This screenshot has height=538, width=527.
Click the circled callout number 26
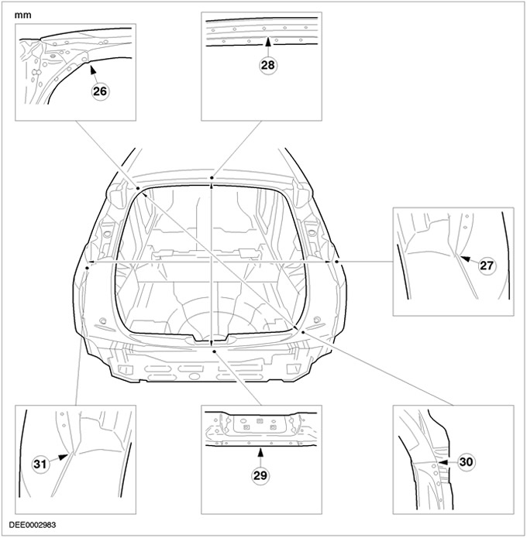100,91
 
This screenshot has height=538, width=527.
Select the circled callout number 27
487,266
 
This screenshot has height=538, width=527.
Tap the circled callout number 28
268,65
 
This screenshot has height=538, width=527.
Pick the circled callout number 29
260,475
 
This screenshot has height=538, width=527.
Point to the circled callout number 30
466,462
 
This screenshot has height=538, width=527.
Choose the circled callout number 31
40,464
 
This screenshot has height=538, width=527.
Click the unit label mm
22,15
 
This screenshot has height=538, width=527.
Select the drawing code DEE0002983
33,525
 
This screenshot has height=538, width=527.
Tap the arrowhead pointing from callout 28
268,41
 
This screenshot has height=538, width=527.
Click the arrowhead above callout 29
260,452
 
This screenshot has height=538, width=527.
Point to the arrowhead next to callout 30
443,462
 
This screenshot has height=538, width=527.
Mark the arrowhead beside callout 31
63,457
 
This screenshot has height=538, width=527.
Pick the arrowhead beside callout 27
464,258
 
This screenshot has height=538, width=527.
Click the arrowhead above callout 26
91,70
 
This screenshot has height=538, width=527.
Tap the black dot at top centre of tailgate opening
212,178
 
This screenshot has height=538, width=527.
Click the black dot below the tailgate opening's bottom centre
214,351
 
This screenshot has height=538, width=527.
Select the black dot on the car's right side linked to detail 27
336,262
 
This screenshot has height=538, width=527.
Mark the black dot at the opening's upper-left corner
138,188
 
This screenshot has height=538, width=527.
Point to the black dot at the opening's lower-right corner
303,332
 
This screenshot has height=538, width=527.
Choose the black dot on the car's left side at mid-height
88,267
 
